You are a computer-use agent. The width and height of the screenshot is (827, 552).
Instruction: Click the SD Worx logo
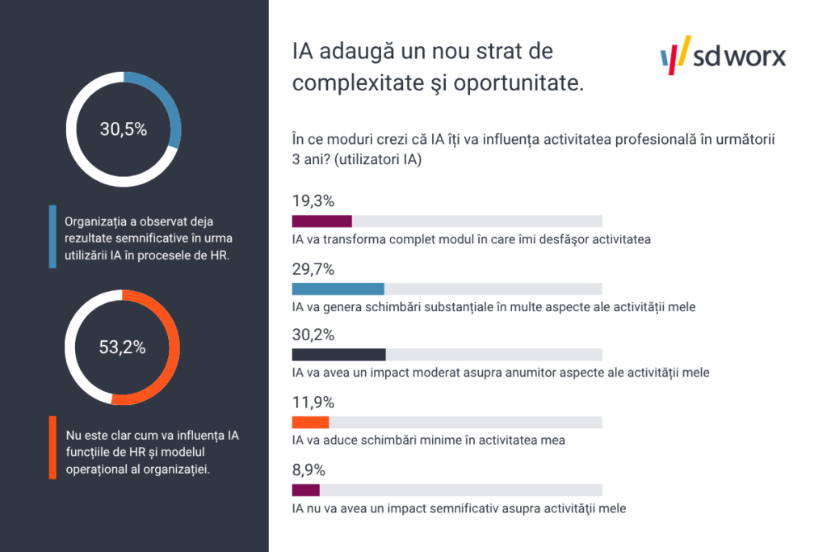tap(723, 55)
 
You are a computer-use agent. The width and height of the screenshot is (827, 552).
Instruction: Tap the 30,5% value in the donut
tap(123, 129)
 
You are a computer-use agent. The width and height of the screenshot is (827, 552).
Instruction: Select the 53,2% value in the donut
tap(123, 348)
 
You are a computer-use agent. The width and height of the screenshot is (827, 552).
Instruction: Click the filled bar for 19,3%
tap(321, 221)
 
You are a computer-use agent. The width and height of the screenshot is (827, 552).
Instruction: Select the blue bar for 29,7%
tap(338, 289)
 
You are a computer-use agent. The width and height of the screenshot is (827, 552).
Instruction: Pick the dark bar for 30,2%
tap(338, 354)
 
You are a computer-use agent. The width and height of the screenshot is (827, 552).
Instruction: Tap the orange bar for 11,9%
tap(310, 422)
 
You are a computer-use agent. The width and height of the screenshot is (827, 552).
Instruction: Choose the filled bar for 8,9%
tap(305, 490)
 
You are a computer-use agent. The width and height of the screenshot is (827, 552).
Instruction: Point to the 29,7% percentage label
tap(313, 269)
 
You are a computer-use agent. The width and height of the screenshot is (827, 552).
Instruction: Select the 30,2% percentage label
tap(313, 335)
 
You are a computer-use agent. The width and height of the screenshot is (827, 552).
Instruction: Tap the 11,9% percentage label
tap(312, 402)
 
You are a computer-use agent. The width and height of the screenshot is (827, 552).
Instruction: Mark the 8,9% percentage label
tap(309, 470)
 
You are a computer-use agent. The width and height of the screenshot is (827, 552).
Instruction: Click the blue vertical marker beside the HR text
tap(52, 237)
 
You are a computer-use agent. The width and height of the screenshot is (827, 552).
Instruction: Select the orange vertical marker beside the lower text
tap(52, 449)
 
